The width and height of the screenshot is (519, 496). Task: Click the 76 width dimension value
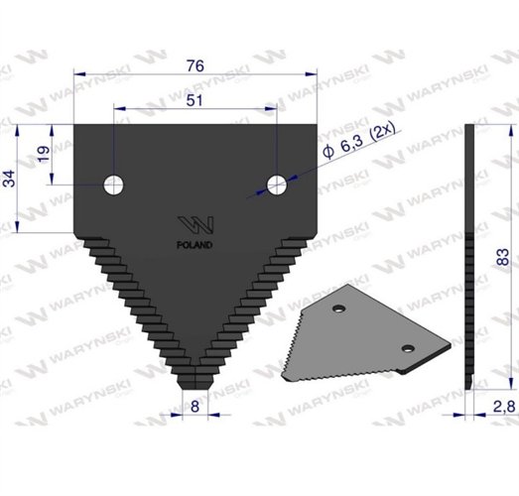pyautogui.click(x=195, y=64)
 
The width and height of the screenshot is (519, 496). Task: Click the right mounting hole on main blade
pyautogui.click(x=276, y=184)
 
